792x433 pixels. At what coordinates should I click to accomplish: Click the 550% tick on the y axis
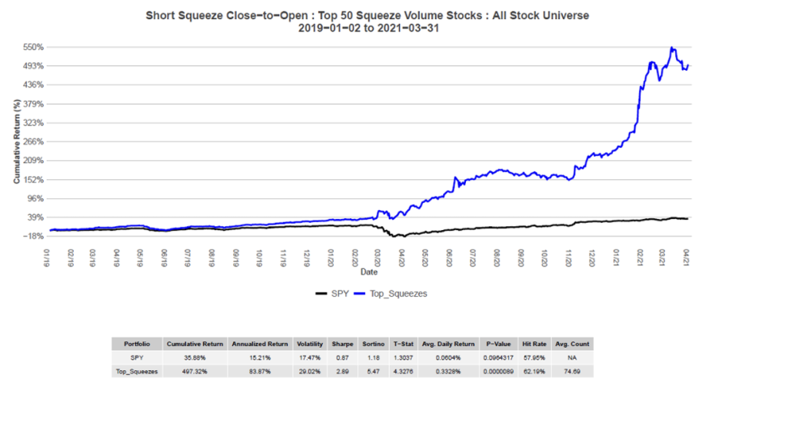pyautogui.click(x=33, y=47)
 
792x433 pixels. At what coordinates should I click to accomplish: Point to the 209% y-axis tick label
pyautogui.click(x=33, y=160)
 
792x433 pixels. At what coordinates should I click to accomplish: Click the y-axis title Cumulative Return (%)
pyautogui.click(x=17, y=142)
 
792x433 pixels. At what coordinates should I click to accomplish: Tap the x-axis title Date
pyautogui.click(x=370, y=271)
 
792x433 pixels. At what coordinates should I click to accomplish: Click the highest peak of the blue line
pyautogui.click(x=673, y=48)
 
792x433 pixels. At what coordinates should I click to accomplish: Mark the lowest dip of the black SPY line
pyautogui.click(x=399, y=236)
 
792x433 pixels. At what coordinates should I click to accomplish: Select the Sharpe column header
pyautogui.click(x=342, y=344)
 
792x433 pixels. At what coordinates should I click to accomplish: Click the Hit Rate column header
pyautogui.click(x=535, y=344)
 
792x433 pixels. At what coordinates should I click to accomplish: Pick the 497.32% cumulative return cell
pyautogui.click(x=195, y=371)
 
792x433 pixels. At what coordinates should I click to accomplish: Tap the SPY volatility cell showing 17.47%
pyautogui.click(x=310, y=358)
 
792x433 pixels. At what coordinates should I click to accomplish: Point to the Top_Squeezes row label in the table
pyautogui.click(x=137, y=371)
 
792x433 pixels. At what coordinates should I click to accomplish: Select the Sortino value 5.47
pyautogui.click(x=374, y=371)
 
